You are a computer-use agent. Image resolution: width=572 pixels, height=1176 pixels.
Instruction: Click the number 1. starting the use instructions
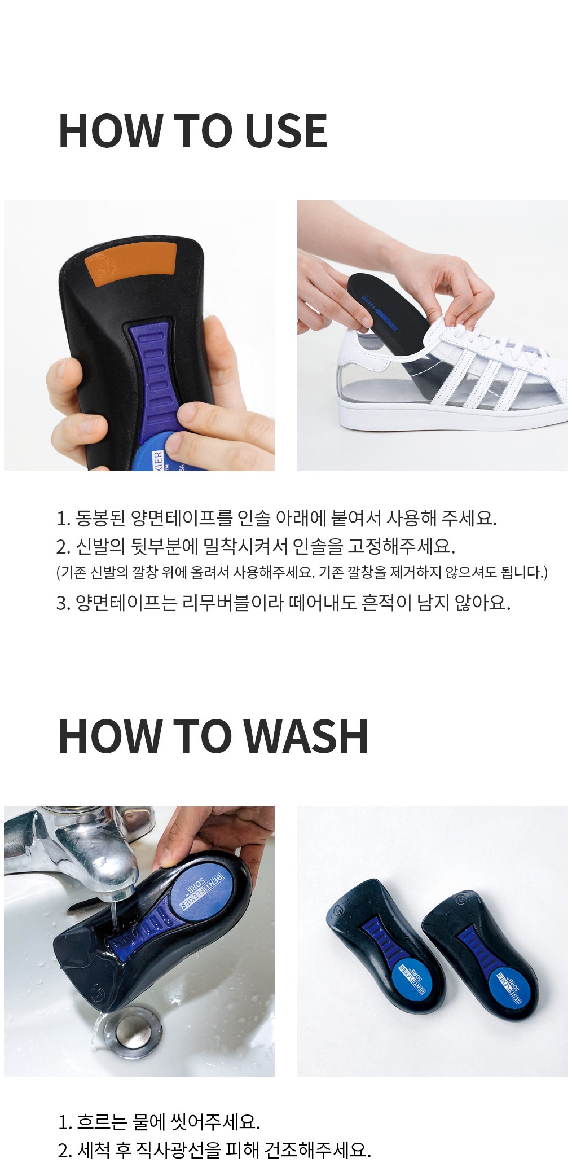63,519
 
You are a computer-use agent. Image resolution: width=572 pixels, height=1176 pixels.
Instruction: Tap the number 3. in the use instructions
63,603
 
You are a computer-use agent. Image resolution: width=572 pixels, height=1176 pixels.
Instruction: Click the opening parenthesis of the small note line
58,573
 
